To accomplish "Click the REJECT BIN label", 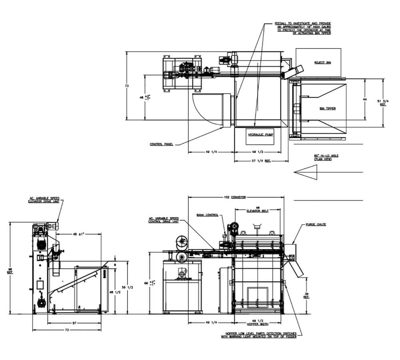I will pyautogui.click(x=323, y=63).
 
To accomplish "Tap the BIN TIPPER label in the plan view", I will pyautogui.click(x=328, y=108).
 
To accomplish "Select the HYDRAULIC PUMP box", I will pyautogui.click(x=260, y=136).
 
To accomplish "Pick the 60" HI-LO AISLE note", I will pyautogui.click(x=326, y=157).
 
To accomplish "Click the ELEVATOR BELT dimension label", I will pyautogui.click(x=257, y=209).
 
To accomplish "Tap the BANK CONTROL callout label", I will pyautogui.click(x=207, y=215).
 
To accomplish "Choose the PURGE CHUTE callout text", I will pyautogui.click(x=316, y=224).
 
